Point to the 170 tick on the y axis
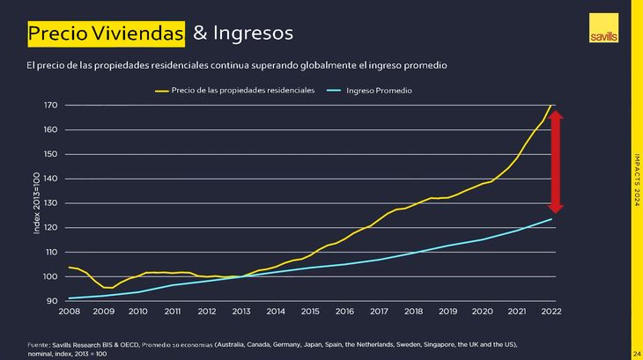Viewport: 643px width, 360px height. click(50, 106)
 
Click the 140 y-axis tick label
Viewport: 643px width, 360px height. click(50, 179)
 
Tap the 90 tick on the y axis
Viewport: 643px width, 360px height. click(52, 301)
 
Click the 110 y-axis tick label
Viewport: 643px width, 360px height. click(50, 252)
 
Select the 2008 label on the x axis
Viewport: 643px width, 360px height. click(69, 312)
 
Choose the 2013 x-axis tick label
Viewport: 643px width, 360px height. click(240, 312)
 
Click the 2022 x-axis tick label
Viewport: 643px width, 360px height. click(551, 312)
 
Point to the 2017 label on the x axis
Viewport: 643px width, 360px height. click(379, 312)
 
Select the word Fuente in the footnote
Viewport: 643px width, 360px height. click(41, 342)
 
